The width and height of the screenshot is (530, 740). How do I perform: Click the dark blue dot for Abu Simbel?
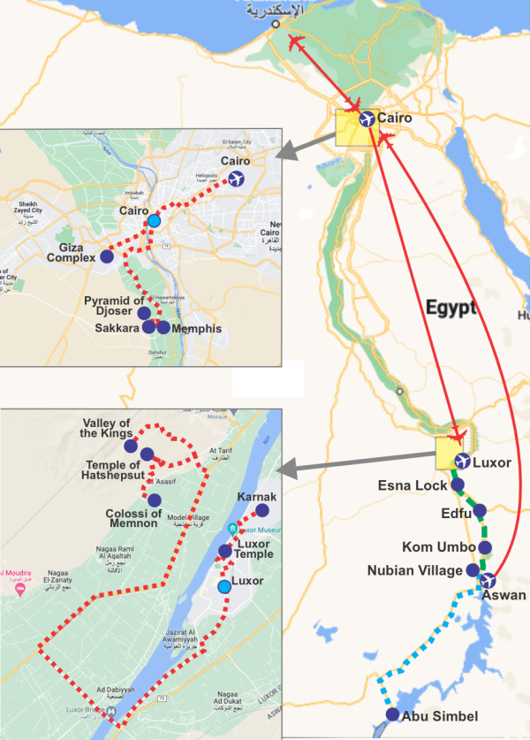pos(393,715)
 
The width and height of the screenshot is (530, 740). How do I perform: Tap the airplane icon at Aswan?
pos(487,581)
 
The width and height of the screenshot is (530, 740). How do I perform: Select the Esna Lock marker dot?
pos(457,484)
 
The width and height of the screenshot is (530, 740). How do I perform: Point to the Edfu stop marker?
pos(480,510)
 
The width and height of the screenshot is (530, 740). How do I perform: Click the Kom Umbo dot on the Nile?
pos(485,547)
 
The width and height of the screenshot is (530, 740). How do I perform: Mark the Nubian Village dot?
pos(473,569)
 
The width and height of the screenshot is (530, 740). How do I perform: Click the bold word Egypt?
pos(450,309)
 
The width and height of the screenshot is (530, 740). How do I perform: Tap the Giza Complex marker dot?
pos(107,256)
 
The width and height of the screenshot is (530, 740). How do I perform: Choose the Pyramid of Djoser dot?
pos(144,313)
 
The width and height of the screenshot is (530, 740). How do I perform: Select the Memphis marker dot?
pos(163,328)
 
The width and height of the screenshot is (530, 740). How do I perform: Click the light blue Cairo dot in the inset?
pos(155,220)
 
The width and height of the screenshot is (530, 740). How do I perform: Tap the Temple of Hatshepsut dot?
pos(147,454)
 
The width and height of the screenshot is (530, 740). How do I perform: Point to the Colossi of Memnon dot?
pos(155,500)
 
